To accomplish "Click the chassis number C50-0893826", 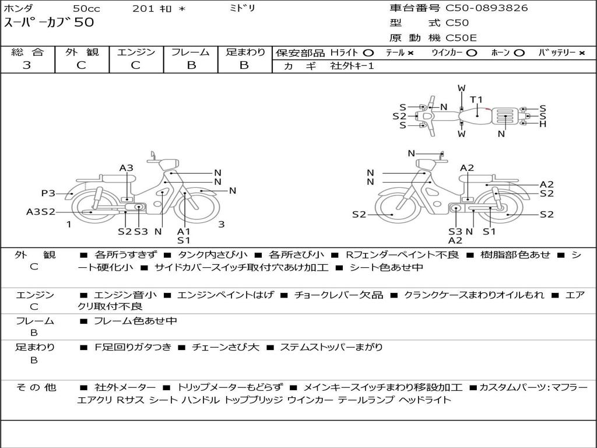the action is pos(487,8).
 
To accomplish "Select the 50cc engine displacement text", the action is pos(86,9).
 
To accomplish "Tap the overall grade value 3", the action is pos(27,65).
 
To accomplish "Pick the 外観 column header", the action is pos(82,52).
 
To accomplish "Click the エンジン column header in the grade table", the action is pos(136,52).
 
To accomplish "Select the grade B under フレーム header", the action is pos(191,65).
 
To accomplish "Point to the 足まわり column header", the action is pos(245,52).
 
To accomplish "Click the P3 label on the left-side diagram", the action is pos(48,193).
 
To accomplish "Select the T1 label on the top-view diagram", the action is pos(476,99).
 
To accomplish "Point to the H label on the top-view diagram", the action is pos(543,124).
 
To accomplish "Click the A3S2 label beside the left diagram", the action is pos(40,212).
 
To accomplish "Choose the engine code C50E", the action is pos(461,38).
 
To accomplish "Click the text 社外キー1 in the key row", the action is pos(352,66).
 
